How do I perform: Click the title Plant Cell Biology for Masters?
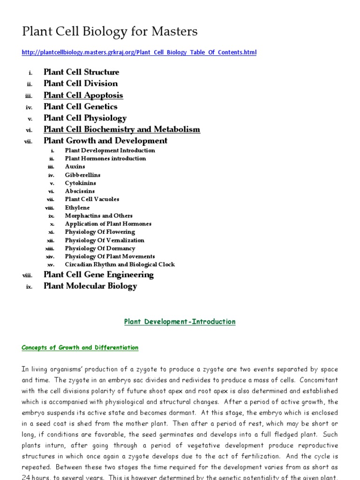tap(110, 31)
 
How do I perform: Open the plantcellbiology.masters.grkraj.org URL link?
tap(139, 52)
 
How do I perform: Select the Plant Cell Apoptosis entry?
tap(83, 95)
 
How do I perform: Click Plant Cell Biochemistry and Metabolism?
tap(122, 129)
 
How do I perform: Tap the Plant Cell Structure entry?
tap(82, 72)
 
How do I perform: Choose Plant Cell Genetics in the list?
tap(81, 106)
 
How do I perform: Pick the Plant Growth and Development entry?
tap(105, 141)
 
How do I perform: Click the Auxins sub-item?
tap(75, 166)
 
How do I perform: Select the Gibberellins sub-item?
tap(82, 175)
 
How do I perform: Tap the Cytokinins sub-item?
tap(81, 183)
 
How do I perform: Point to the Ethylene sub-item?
tap(77, 207)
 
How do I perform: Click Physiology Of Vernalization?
tap(105, 240)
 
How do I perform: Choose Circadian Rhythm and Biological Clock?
tap(120, 264)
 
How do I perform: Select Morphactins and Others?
tap(99, 216)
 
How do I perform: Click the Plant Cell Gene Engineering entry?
tap(98, 275)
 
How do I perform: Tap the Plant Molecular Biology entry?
tap(90, 286)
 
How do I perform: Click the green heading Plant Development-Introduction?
tap(180, 322)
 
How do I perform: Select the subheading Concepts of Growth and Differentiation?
tap(80, 348)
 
